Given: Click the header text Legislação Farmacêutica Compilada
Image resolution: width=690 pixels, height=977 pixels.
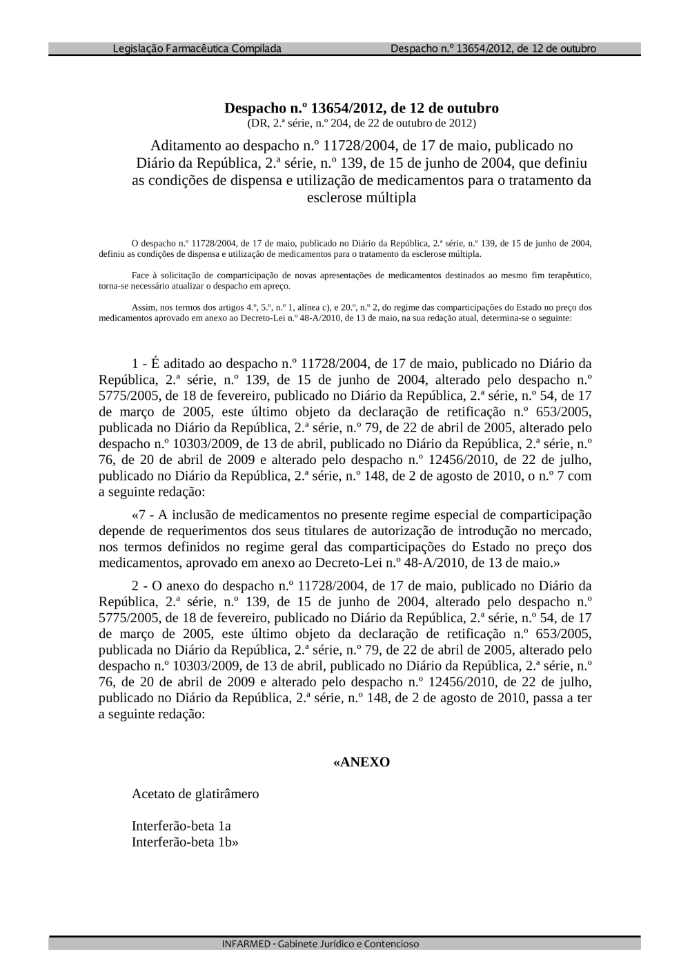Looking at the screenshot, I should (197, 48).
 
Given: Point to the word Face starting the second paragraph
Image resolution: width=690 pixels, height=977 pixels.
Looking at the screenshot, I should (139, 275).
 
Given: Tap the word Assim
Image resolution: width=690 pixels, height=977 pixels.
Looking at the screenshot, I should (141, 307).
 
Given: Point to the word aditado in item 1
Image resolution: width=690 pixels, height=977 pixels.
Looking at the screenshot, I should (185, 364).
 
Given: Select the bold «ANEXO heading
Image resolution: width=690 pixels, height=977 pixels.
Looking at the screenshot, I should (361, 762).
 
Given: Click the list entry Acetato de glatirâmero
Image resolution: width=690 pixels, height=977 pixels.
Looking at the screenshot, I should (195, 794).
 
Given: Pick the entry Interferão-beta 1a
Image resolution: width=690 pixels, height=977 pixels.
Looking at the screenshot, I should (181, 826).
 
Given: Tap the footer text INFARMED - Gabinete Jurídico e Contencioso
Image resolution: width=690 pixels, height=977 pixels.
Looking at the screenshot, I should (320, 944).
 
